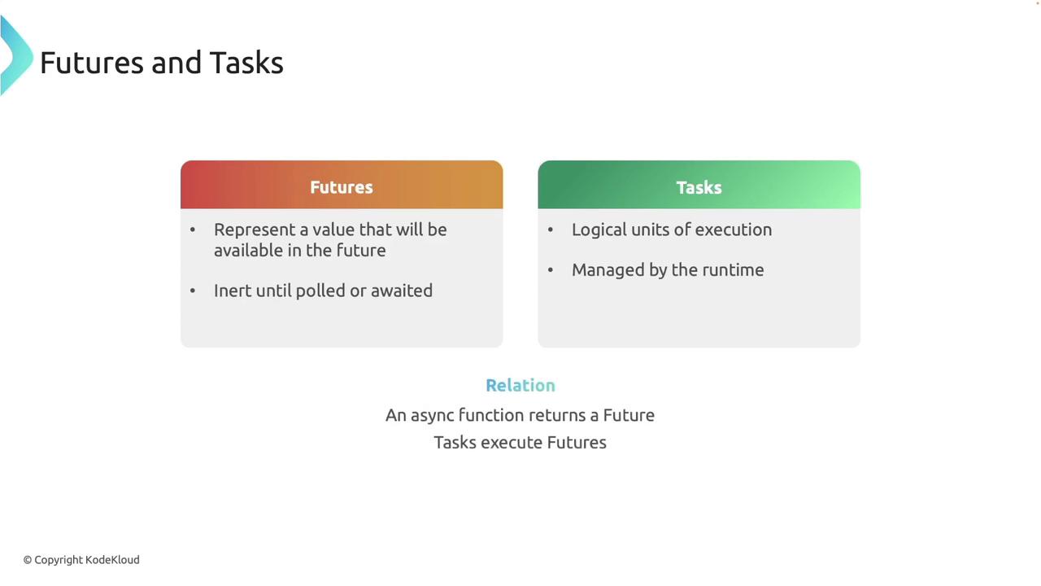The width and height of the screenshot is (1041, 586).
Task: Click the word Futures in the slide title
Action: pyautogui.click(x=92, y=63)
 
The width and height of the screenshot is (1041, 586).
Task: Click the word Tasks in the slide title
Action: pyautogui.click(x=246, y=63)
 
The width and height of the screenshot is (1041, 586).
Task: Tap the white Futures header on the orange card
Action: pyautogui.click(x=342, y=187)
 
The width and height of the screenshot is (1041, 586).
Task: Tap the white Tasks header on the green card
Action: pyautogui.click(x=699, y=187)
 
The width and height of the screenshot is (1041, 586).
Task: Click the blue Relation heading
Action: pyautogui.click(x=520, y=385)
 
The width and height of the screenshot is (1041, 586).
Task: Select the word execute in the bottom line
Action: pyautogui.click(x=512, y=443)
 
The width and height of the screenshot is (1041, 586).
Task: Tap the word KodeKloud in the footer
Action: pyautogui.click(x=112, y=560)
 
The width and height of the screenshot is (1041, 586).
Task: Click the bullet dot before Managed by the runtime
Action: pyautogui.click(x=551, y=269)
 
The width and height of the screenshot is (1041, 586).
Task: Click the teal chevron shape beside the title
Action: pyautogui.click(x=16, y=56)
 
